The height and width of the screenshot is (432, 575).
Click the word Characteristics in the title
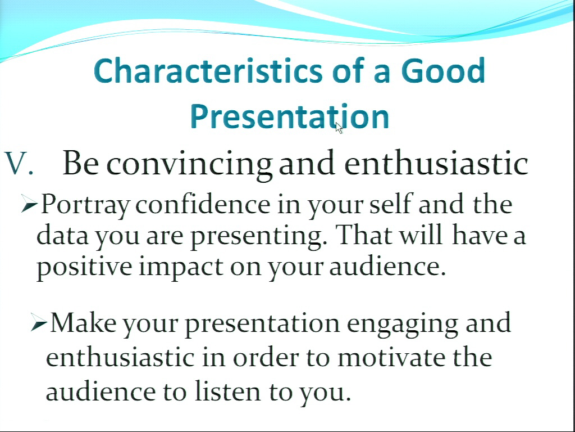pyautogui.click(x=208, y=70)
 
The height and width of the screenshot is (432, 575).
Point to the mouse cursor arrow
pyautogui.click(x=339, y=128)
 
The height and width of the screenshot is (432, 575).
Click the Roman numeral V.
pyautogui.click(x=19, y=163)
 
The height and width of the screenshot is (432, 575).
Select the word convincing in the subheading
pyautogui.click(x=189, y=164)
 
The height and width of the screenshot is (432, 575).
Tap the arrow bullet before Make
pyautogui.click(x=39, y=322)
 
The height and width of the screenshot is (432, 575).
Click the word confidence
pyautogui.click(x=203, y=204)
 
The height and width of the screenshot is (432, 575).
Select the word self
pyautogui.click(x=391, y=204)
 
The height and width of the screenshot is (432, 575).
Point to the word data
pyautogui.click(x=62, y=235)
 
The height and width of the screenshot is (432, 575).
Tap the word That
pyautogui.click(x=364, y=235)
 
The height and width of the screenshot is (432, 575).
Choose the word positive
pyautogui.click(x=84, y=267)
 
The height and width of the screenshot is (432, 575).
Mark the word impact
pyautogui.click(x=181, y=267)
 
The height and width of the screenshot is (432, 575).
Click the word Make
pyautogui.click(x=83, y=322)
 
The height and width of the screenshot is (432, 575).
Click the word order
pyautogui.click(x=266, y=357)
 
